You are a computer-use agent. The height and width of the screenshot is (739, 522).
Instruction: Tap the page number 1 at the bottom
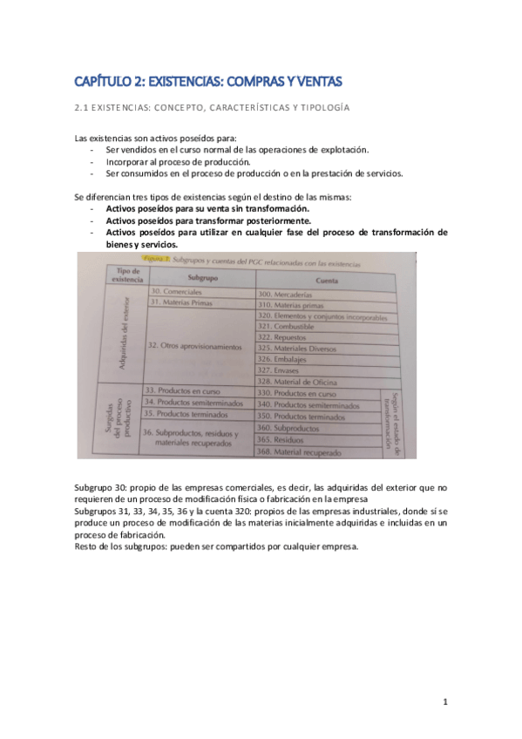coord(444,702)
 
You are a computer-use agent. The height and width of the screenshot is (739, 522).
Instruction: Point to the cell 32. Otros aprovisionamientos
coord(193,347)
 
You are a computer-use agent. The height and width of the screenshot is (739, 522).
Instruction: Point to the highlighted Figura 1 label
coord(154,261)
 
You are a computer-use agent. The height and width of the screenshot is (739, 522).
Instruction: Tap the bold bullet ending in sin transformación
coord(207,209)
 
